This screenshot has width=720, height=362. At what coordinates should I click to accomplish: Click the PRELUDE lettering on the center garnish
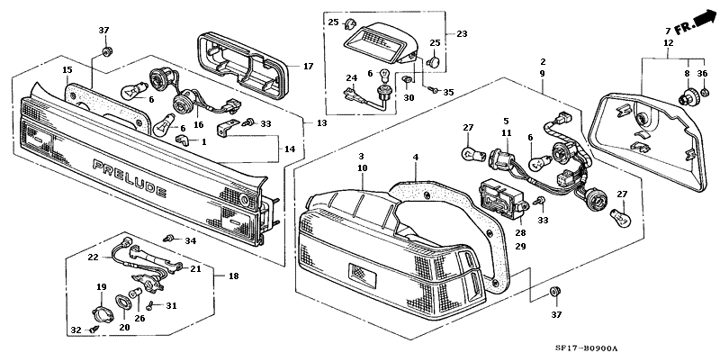coord(130,177)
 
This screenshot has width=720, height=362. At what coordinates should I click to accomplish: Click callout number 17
coord(308,67)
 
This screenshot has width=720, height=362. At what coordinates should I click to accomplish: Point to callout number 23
coord(462,33)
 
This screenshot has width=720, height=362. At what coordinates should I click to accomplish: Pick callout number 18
coord(233,276)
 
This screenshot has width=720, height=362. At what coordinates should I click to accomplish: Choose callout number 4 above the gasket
coord(416,157)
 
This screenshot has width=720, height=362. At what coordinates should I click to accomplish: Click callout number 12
coord(669,43)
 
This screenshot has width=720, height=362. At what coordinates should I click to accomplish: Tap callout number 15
coord(67,70)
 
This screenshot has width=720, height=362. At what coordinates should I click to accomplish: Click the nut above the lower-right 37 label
coord(555,292)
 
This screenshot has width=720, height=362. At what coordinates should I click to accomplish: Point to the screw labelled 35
coord(433,90)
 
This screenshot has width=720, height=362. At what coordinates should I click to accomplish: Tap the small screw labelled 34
coord(168,238)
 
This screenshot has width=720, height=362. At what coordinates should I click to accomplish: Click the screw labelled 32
coord(94,329)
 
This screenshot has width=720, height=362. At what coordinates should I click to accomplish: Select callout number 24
coord(351,78)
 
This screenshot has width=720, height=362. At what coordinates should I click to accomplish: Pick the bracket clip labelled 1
coord(183,140)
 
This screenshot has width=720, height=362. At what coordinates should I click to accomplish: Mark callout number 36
coord(703,74)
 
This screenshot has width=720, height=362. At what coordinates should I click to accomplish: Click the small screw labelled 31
coord(150,305)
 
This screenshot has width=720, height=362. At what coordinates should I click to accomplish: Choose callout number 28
coord(520,233)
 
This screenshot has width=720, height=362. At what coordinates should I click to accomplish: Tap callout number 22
coord(94,258)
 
